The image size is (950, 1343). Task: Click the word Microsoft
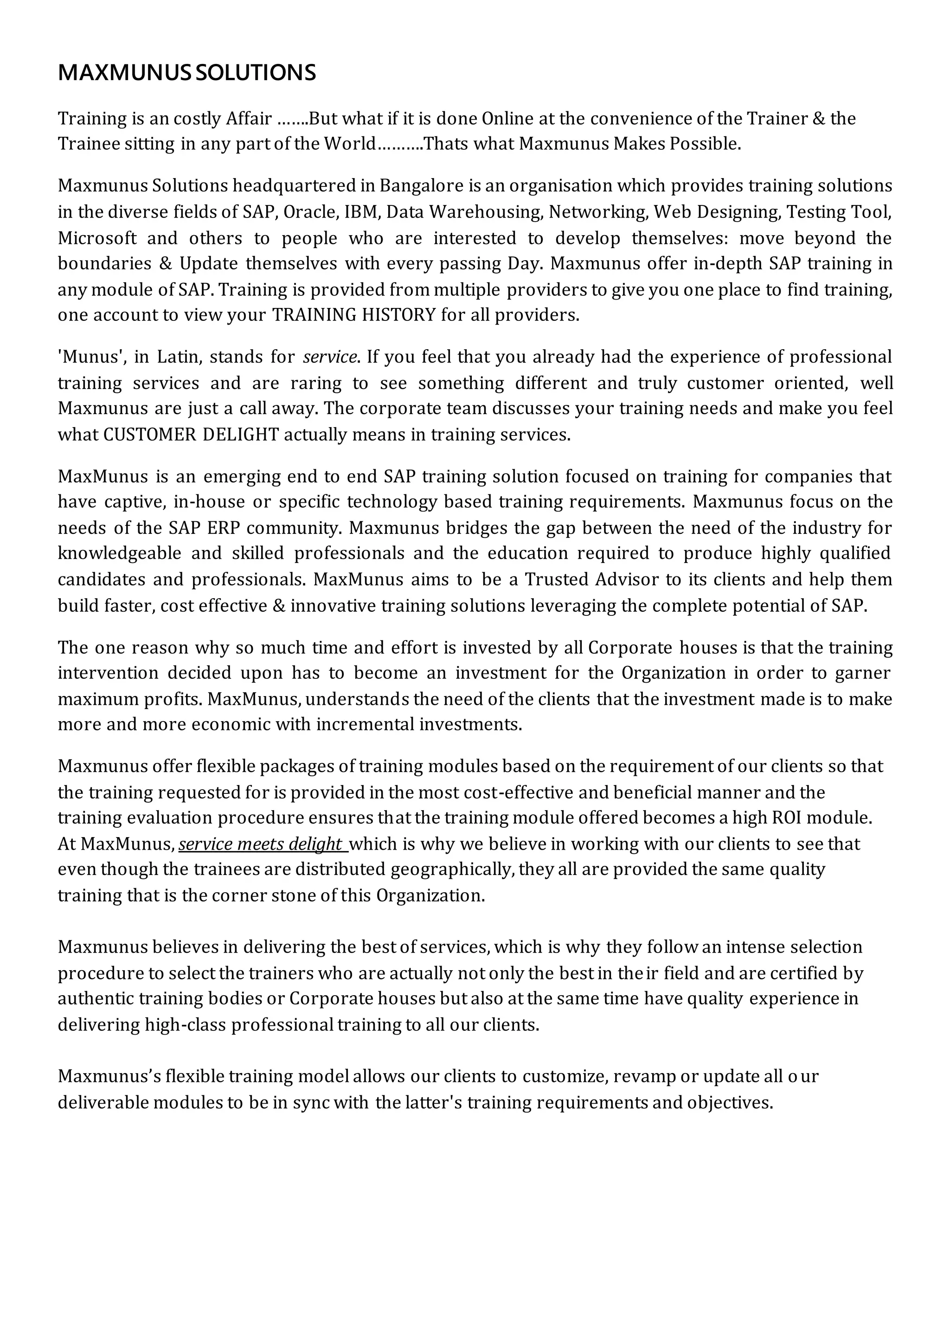pos(97,238)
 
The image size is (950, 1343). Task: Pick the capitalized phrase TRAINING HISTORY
pos(354,315)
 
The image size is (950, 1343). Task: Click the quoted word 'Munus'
pos(90,357)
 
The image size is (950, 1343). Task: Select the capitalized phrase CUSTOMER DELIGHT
pos(191,435)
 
